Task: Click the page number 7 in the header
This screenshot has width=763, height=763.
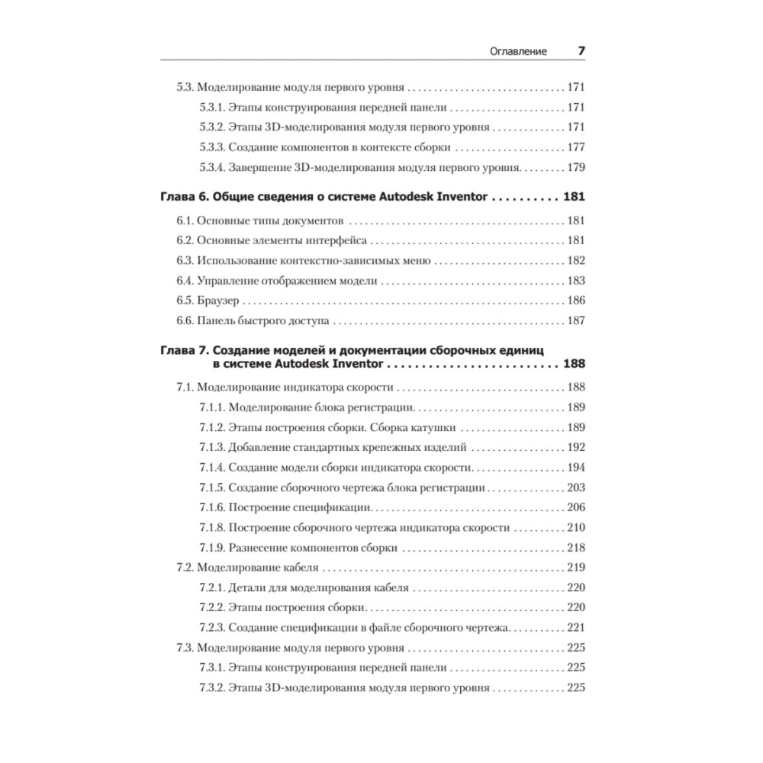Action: (x=580, y=51)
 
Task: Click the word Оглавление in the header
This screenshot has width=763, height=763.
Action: (x=518, y=52)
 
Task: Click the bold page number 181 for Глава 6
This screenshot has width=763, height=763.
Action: (x=573, y=196)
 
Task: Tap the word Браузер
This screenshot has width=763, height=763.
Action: (x=219, y=301)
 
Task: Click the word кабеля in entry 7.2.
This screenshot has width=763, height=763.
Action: (x=301, y=568)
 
